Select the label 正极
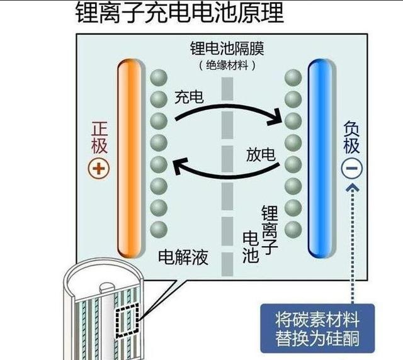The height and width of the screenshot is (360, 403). pos(99,137)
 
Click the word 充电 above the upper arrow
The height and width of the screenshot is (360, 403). pos(189,98)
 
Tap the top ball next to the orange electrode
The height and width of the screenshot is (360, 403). pos(159,77)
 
